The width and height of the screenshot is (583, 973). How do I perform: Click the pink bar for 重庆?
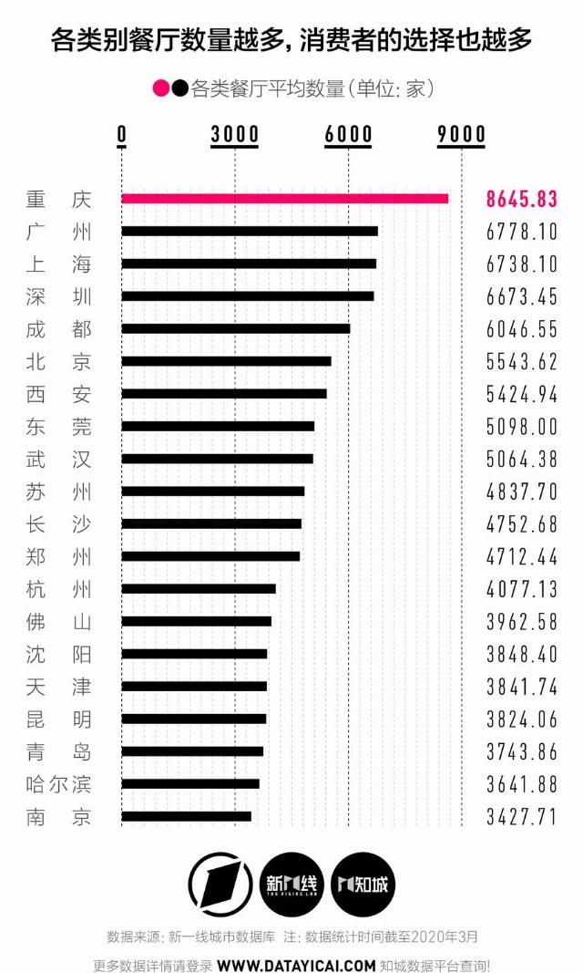tap(284, 199)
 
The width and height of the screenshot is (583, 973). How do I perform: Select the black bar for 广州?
tap(250, 231)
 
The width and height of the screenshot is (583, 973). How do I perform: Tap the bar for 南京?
tap(186, 816)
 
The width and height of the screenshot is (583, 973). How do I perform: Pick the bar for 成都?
tap(235, 328)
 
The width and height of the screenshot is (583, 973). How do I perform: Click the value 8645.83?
tap(521, 199)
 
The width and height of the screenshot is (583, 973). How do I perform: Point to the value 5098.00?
tap(521, 426)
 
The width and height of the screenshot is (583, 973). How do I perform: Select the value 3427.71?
tap(521, 816)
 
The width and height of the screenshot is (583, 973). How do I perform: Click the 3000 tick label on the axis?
tap(235, 135)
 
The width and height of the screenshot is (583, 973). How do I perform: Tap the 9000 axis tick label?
tap(461, 135)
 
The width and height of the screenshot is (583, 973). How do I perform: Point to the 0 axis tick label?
tap(122, 135)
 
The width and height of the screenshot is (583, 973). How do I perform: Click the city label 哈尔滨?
tap(59, 783)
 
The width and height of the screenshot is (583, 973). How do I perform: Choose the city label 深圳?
tap(59, 296)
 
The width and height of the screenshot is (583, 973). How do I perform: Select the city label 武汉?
tap(59, 459)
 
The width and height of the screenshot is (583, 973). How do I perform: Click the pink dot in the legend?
tap(161, 88)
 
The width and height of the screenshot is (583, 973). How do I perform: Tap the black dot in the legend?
tap(179, 88)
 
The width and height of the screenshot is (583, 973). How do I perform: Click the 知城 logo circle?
tap(363, 884)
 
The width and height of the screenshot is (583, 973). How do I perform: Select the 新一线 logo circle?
tap(292, 884)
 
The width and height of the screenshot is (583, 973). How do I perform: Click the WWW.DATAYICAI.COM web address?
tap(296, 965)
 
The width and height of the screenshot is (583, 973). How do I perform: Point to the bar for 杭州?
tap(199, 588)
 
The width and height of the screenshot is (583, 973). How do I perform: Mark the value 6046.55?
tap(521, 328)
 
